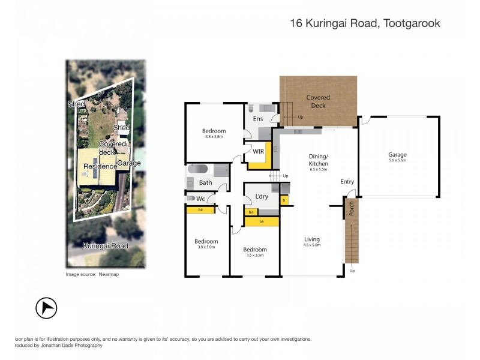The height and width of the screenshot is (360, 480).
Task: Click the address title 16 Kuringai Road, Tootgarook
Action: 365,24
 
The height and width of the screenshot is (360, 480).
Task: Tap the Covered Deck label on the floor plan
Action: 318,101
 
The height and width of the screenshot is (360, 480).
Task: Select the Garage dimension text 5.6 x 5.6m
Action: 397,160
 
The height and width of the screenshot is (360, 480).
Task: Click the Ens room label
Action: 258,119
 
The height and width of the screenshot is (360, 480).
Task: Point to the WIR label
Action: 259,151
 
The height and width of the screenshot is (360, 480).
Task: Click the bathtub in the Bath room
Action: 199,170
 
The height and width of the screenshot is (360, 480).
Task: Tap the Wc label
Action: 200,199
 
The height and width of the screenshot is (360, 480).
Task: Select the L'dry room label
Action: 262,197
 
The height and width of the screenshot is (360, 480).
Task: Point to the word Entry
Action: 347,182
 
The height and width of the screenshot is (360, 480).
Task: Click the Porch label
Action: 351,208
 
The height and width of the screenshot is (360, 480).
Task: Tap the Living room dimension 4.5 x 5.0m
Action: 311,245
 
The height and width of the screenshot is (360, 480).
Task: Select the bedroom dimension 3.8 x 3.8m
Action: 214,136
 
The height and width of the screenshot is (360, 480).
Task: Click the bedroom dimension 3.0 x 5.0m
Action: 206,247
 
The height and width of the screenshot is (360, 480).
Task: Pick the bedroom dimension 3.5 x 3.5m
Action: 254,255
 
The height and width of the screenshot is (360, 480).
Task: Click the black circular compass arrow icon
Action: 46,308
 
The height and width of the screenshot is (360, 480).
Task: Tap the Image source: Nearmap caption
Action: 90,274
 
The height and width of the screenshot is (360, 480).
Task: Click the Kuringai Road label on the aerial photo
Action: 105,246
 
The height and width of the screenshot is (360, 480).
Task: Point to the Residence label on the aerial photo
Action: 100,166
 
